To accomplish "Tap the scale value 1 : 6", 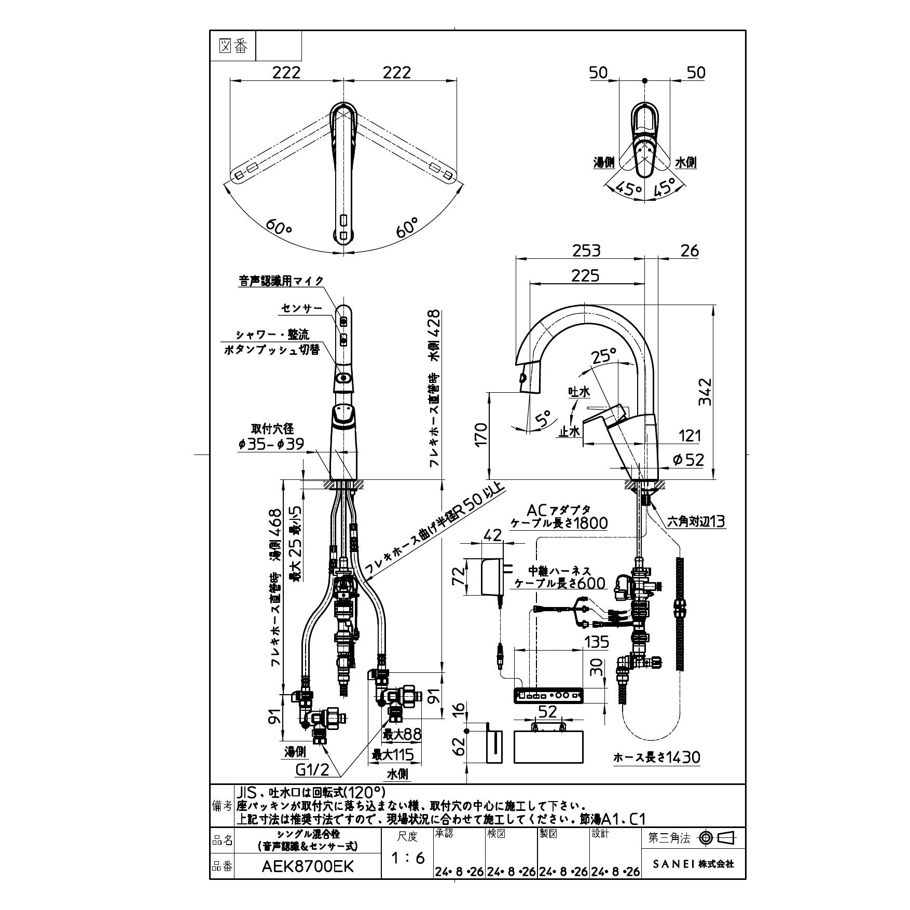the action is click(x=408, y=858).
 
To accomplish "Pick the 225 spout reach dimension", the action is click(x=585, y=275).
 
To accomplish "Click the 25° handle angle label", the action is click(x=603, y=356).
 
